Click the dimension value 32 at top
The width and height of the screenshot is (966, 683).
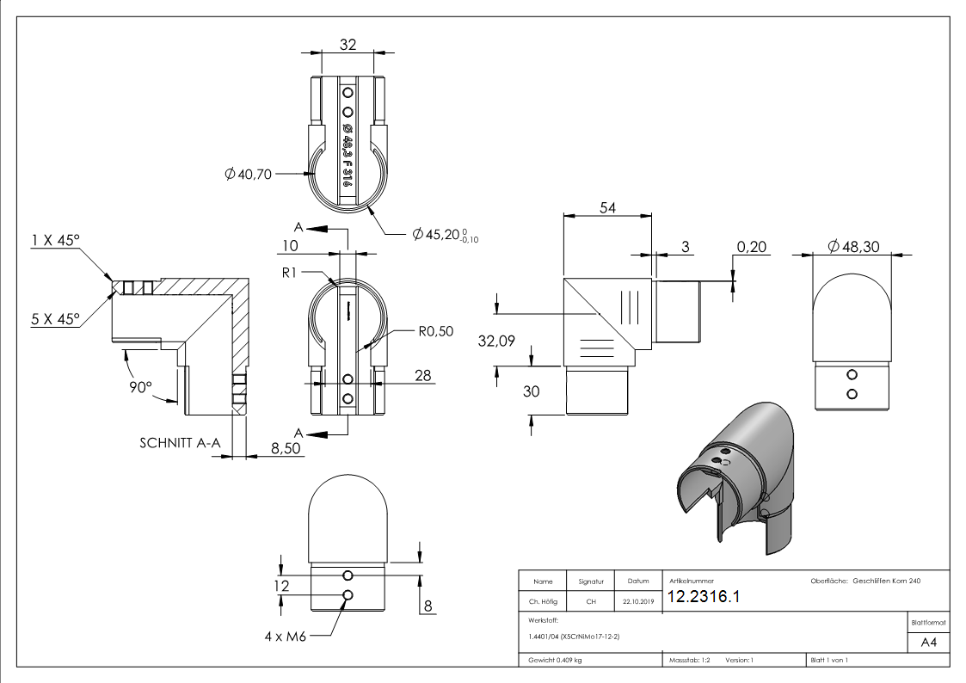click(x=348, y=45)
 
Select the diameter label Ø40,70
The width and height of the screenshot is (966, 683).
click(x=248, y=175)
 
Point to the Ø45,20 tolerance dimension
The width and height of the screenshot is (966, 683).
click(x=444, y=235)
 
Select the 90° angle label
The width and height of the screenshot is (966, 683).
click(x=140, y=387)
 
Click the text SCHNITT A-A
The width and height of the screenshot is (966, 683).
click(x=180, y=443)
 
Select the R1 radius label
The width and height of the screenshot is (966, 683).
click(x=290, y=273)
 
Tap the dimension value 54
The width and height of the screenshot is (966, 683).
click(x=607, y=207)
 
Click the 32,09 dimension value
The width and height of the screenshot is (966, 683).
click(x=496, y=341)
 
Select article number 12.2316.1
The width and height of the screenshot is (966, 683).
click(x=703, y=598)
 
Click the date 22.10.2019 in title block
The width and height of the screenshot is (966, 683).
click(x=637, y=602)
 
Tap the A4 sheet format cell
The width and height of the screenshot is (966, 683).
click(x=928, y=643)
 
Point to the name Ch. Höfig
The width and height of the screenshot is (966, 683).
click(x=543, y=602)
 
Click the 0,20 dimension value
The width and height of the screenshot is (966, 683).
click(x=752, y=248)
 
